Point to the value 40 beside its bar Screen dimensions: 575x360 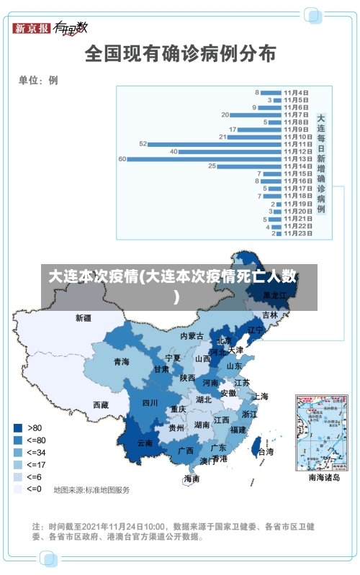coord(174,151)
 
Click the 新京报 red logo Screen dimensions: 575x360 coord(32,28)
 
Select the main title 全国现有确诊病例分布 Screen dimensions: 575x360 coord(180,53)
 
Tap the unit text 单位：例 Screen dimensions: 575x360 coord(38,80)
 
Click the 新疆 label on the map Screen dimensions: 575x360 coord(84,317)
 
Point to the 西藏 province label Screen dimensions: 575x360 coord(101,405)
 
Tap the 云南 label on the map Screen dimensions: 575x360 coord(145,443)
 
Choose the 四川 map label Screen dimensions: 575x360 coord(150,403)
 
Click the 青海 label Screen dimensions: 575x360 coord(121,362)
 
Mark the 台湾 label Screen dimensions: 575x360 coord(265,452)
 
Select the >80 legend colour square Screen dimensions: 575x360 coord(18,427)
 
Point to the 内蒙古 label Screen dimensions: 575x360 coord(192,336)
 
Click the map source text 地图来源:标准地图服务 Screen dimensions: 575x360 coord(91,490)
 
